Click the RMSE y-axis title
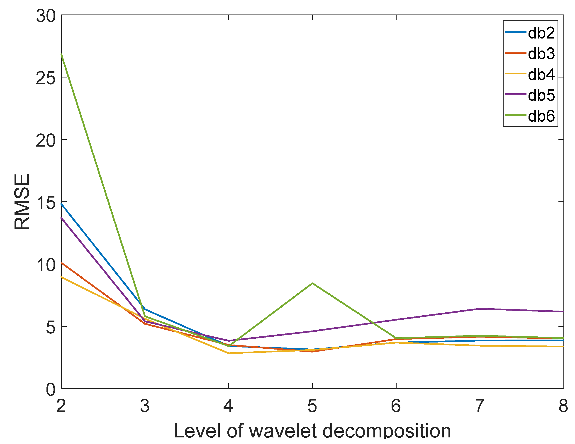coord(22,202)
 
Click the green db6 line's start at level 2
coord(62,54)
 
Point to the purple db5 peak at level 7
coord(480,309)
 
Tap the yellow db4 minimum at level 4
coord(229,353)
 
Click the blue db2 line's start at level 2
coord(62,204)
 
